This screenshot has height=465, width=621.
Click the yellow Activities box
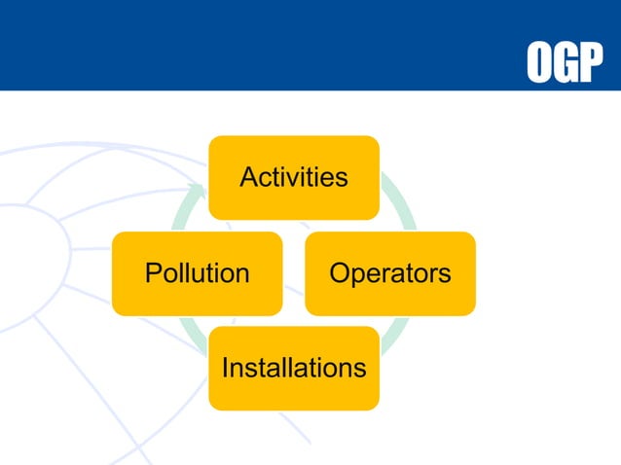tap(293, 177)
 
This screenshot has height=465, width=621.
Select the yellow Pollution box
tap(197, 273)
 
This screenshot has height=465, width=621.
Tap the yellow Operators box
tap(389, 273)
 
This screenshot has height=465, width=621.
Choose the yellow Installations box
tap(293, 368)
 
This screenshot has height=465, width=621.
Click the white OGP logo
tap(565, 62)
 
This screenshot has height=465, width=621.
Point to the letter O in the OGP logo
tap(540, 62)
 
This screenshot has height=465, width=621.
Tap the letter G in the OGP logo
tap(566, 62)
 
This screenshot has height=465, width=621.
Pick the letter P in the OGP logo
tap(590, 62)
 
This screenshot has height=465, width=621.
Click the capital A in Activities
tap(248, 177)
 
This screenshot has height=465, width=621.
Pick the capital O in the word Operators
tap(340, 273)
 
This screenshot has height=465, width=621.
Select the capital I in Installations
tap(226, 368)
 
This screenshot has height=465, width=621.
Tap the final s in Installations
tap(360, 369)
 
